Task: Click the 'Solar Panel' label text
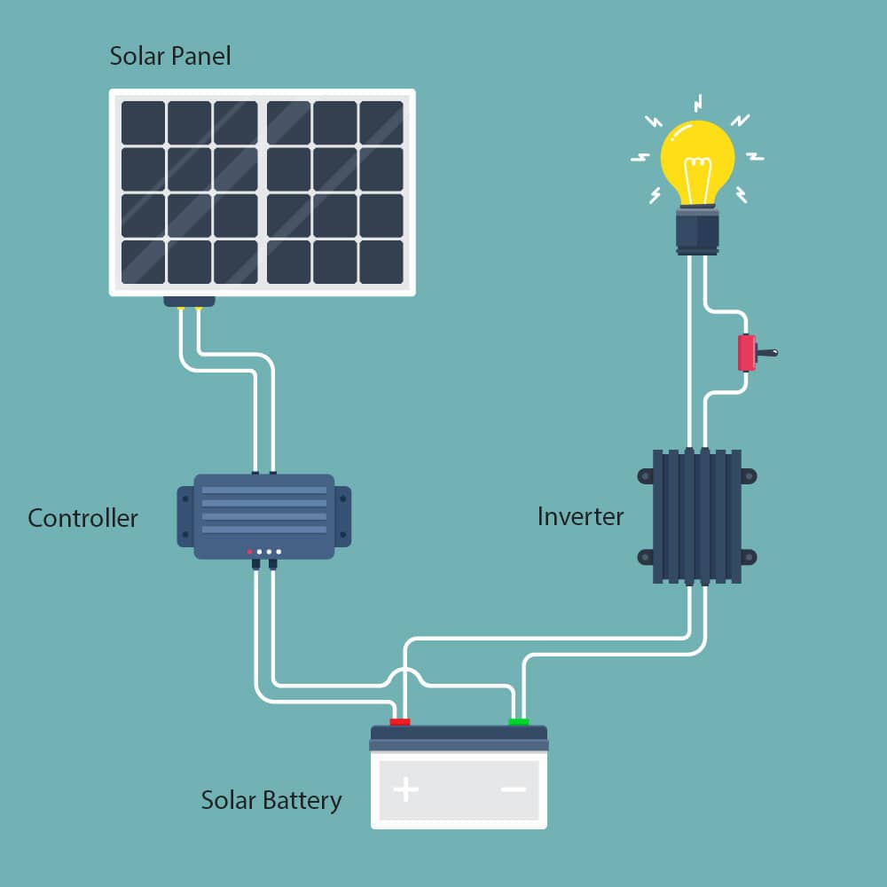coord(169,57)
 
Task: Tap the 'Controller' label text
coord(82,518)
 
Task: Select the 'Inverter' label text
coord(580,516)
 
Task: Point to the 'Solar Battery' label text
coord(271,800)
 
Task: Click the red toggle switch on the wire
coord(747,353)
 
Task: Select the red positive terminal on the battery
coord(400,722)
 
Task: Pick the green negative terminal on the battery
coord(519,722)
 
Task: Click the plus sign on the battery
coord(406,789)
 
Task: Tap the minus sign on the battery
coord(513,789)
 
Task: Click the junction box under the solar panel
coord(189,302)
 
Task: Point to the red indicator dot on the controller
coord(249,552)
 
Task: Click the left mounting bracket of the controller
coord(184,516)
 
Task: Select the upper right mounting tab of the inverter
coord(749,476)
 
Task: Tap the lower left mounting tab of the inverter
coord(645,557)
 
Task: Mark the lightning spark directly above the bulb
coord(698,101)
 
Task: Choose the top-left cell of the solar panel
coord(143,123)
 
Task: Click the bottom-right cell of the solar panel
coord(381,262)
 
